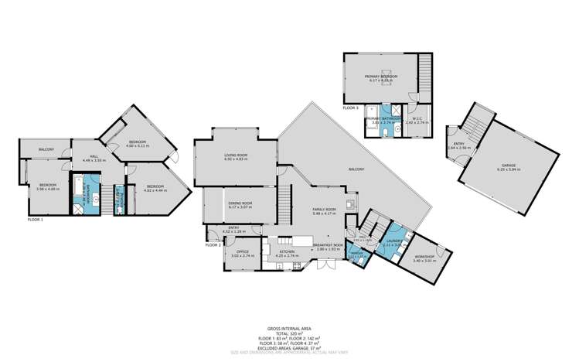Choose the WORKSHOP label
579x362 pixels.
point(424,256)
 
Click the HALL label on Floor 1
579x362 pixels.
point(94,156)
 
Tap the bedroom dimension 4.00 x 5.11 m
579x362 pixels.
point(138,146)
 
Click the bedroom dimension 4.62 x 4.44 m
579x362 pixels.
point(155,190)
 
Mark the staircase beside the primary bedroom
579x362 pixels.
point(424,73)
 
